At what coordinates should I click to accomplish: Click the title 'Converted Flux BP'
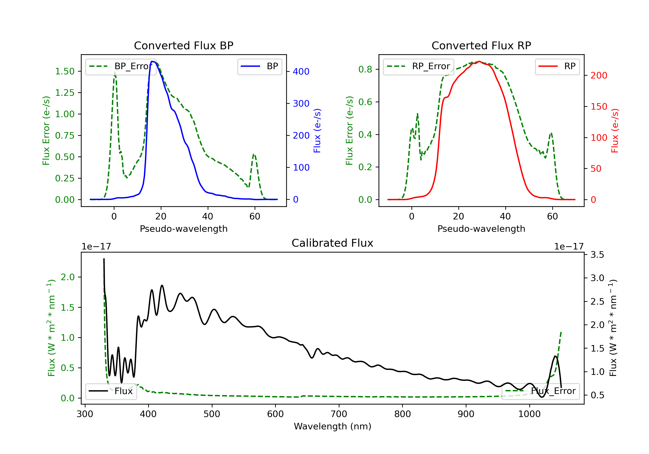pyautogui.click(x=184, y=45)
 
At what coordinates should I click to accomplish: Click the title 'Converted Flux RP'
pyautogui.click(x=481, y=45)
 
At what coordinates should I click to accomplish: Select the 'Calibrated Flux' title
pyautogui.click(x=333, y=243)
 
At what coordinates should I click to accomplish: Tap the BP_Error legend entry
pyautogui.click(x=121, y=66)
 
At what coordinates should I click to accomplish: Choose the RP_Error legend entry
pyautogui.click(x=418, y=66)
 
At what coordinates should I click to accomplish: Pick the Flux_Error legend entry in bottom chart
pyautogui.click(x=540, y=391)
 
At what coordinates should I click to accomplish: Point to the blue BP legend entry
pyautogui.click(x=259, y=66)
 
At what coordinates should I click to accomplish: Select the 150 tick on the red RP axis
pyautogui.click(x=599, y=107)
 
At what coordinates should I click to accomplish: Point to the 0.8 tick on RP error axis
pyautogui.click(x=365, y=69)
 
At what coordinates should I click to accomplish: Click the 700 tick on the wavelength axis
pyautogui.click(x=339, y=414)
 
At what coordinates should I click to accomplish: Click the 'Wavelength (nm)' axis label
pyautogui.click(x=333, y=426)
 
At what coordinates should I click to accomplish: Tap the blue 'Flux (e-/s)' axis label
pyautogui.click(x=317, y=131)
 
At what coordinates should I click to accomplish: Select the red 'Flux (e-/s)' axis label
pyautogui.click(x=615, y=131)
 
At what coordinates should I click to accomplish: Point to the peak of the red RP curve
pyautogui.click(x=479, y=61)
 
